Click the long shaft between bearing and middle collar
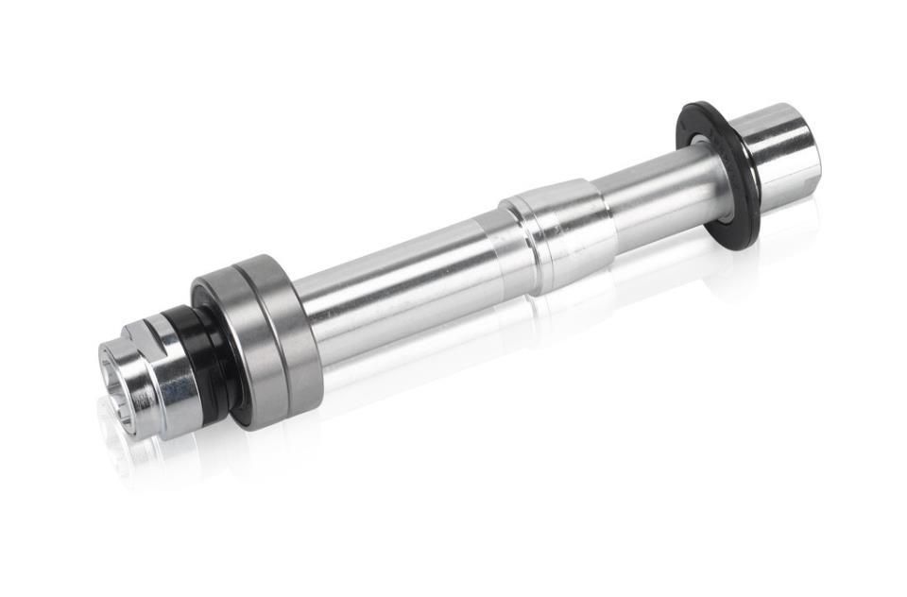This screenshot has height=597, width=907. tap(397, 283)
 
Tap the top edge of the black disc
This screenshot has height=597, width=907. tap(695, 107)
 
